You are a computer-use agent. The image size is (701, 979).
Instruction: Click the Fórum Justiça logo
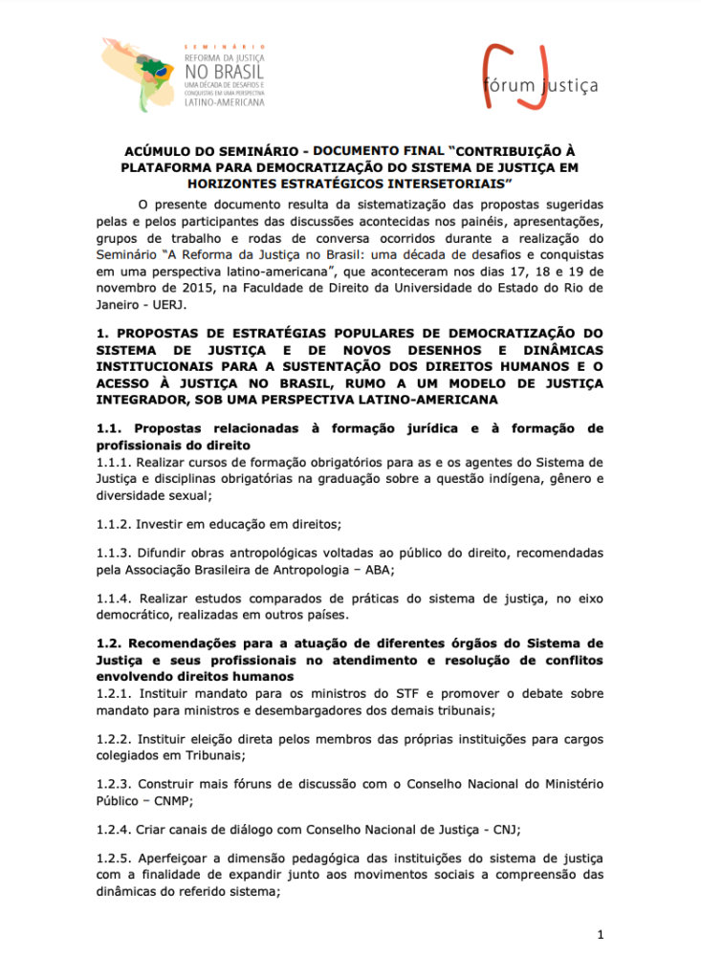tap(539, 76)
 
